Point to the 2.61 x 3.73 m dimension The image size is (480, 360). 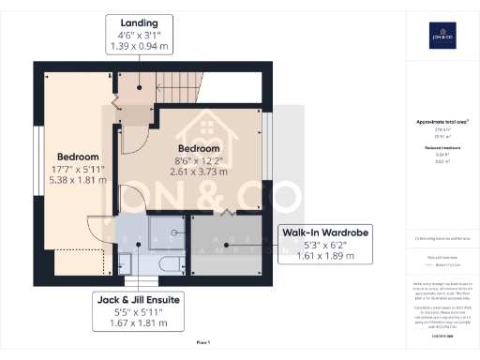(200, 172)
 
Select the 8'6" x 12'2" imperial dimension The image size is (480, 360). (200, 160)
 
